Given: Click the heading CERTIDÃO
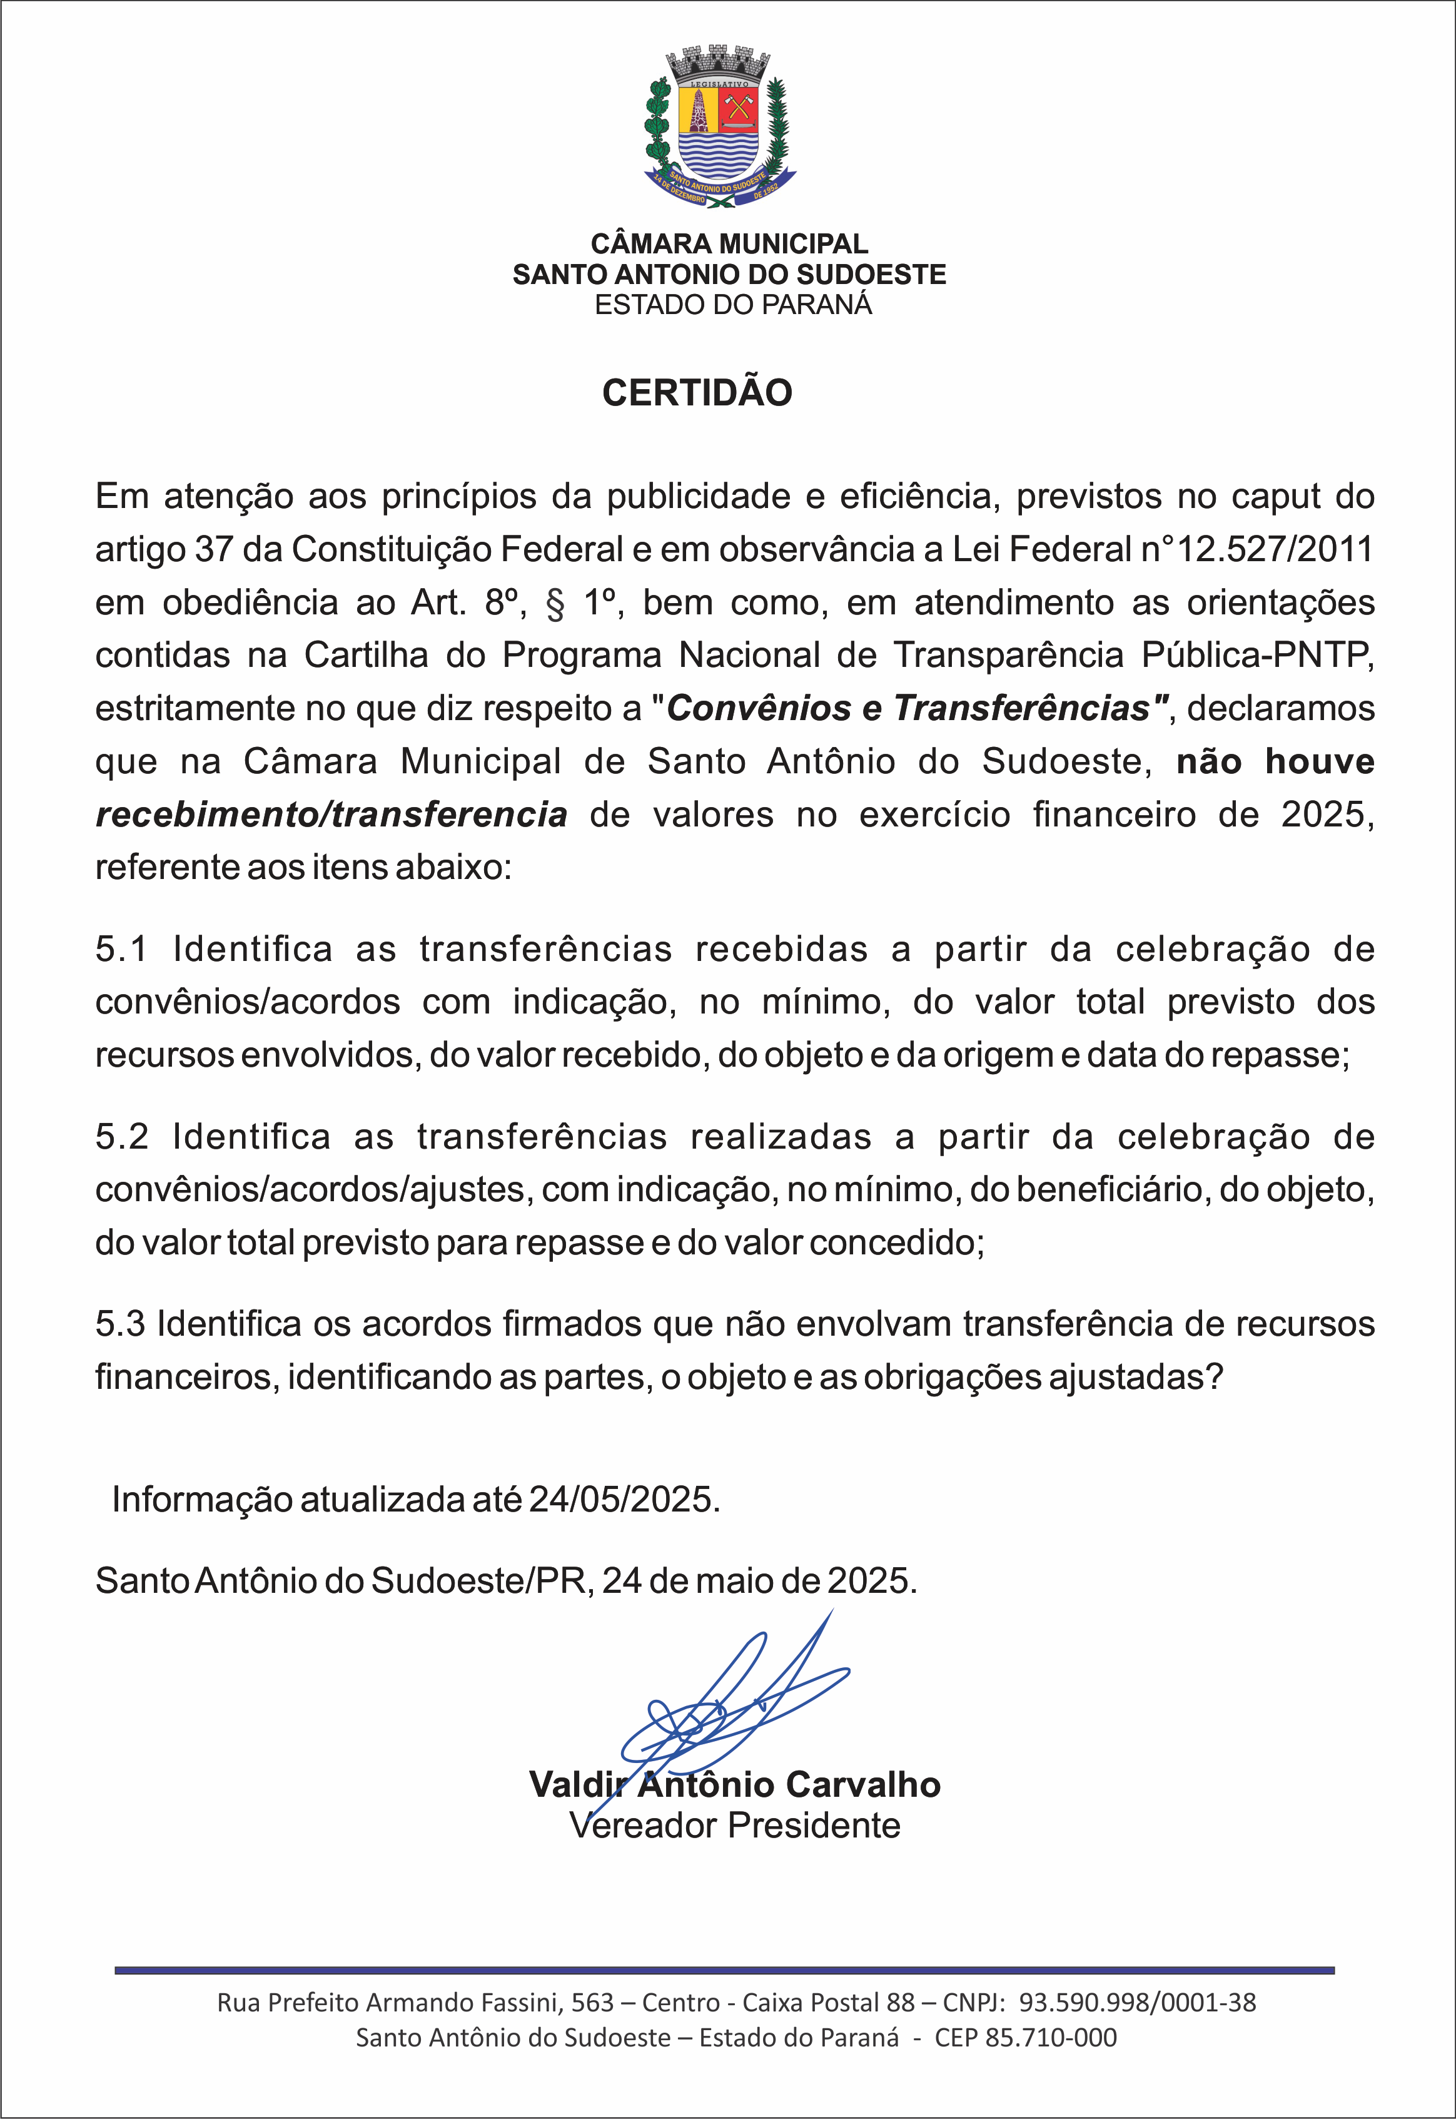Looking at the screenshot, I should click(697, 392).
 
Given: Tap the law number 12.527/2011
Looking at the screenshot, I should click(1275, 549).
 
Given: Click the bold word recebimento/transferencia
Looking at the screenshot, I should click(331, 814).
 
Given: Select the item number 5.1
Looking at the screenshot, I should click(121, 949).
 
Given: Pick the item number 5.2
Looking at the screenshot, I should click(121, 1137).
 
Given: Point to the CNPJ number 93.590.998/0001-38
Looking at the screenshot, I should click(1136, 2002).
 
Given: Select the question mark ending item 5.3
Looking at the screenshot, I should click(1213, 1377).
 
